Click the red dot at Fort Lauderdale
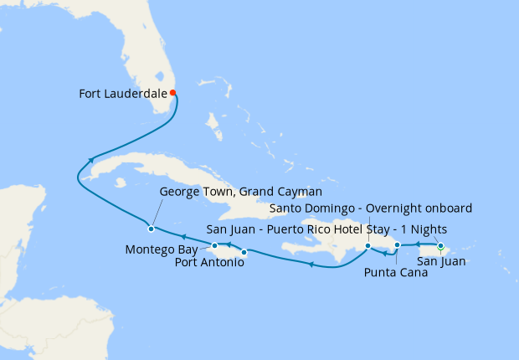click(x=172, y=93)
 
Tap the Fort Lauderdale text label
click(x=122, y=93)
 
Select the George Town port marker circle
click(x=151, y=229)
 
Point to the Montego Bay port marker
click(x=215, y=245)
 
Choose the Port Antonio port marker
click(x=244, y=251)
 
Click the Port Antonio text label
click(x=210, y=263)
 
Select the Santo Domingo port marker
click(x=367, y=245)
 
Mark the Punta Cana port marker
click(x=398, y=245)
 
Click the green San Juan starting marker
click(x=440, y=245)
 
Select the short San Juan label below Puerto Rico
click(x=441, y=262)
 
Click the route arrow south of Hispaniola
click(x=311, y=265)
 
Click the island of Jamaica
click(x=226, y=248)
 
